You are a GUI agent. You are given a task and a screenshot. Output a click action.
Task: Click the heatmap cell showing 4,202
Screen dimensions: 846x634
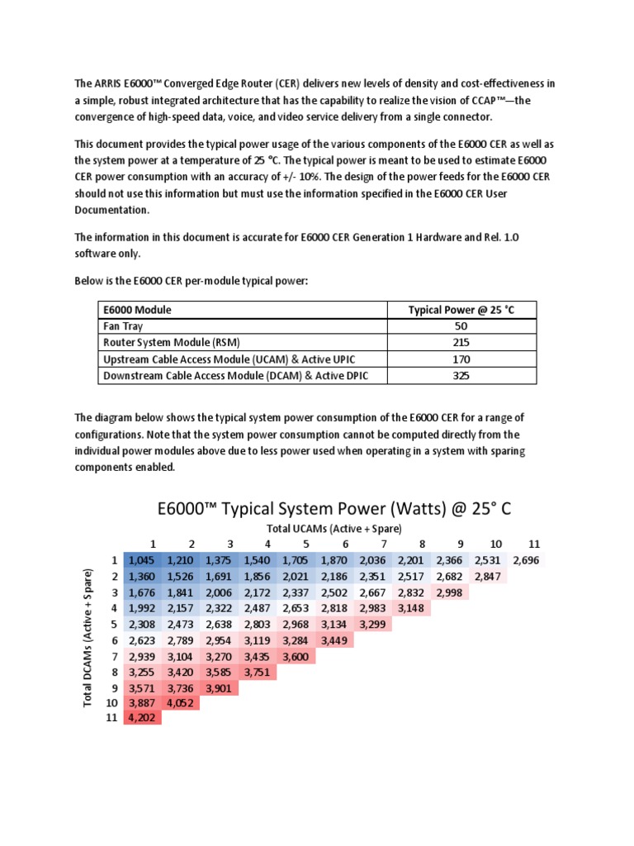[143, 719]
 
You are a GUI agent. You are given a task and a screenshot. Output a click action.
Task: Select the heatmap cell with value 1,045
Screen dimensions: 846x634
[143, 561]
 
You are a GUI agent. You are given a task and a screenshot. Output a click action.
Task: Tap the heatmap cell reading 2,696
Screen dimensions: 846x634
[529, 561]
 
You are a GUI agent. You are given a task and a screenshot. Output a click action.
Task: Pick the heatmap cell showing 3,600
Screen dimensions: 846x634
[297, 656]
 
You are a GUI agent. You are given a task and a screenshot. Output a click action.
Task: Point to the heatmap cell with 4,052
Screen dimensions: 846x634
[182, 703]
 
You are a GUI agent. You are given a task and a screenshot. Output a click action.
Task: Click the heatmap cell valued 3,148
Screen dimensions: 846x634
[414, 609]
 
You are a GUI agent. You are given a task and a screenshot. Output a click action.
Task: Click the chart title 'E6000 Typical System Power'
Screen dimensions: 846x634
[334, 508]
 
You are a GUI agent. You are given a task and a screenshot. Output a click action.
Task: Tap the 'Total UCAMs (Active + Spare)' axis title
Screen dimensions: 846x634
[334, 528]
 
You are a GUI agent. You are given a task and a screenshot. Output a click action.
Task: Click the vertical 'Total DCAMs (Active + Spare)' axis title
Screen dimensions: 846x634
[88, 640]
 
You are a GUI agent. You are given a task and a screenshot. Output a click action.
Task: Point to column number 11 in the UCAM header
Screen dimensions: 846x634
[533, 544]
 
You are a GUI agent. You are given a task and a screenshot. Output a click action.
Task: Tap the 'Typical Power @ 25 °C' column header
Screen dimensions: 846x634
[461, 310]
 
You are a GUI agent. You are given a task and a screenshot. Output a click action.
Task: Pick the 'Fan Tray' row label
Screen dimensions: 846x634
[122, 326]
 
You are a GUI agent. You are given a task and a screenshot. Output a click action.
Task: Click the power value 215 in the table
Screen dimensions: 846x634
[461, 343]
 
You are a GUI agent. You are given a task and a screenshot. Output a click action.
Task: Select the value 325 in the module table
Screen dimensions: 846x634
[461, 376]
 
